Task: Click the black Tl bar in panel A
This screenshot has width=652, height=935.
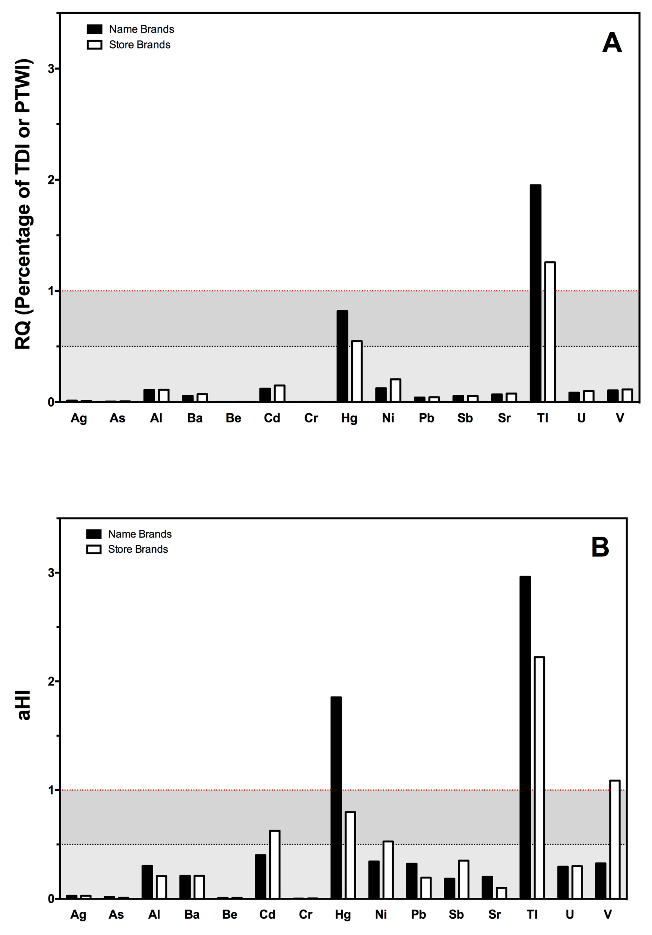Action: click(x=535, y=293)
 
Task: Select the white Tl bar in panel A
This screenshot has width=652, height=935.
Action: click(x=550, y=332)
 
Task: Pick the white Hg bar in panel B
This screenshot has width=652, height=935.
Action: click(x=350, y=855)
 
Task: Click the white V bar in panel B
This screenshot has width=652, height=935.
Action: click(x=614, y=839)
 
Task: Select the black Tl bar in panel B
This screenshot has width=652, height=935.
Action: click(x=525, y=737)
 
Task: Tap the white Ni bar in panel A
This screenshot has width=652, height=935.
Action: click(x=395, y=390)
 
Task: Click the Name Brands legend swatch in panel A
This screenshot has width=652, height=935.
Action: click(x=94, y=29)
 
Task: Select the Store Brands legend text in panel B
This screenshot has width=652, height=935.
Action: click(x=138, y=549)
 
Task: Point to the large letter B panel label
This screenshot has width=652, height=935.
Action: click(x=600, y=547)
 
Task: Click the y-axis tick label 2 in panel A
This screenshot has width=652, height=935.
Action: click(x=51, y=180)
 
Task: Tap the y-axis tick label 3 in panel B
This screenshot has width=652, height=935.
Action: click(x=51, y=573)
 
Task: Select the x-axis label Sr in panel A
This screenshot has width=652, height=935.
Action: click(x=504, y=418)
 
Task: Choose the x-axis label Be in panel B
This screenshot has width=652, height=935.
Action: click(x=230, y=915)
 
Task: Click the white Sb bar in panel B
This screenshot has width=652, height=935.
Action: click(x=463, y=879)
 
